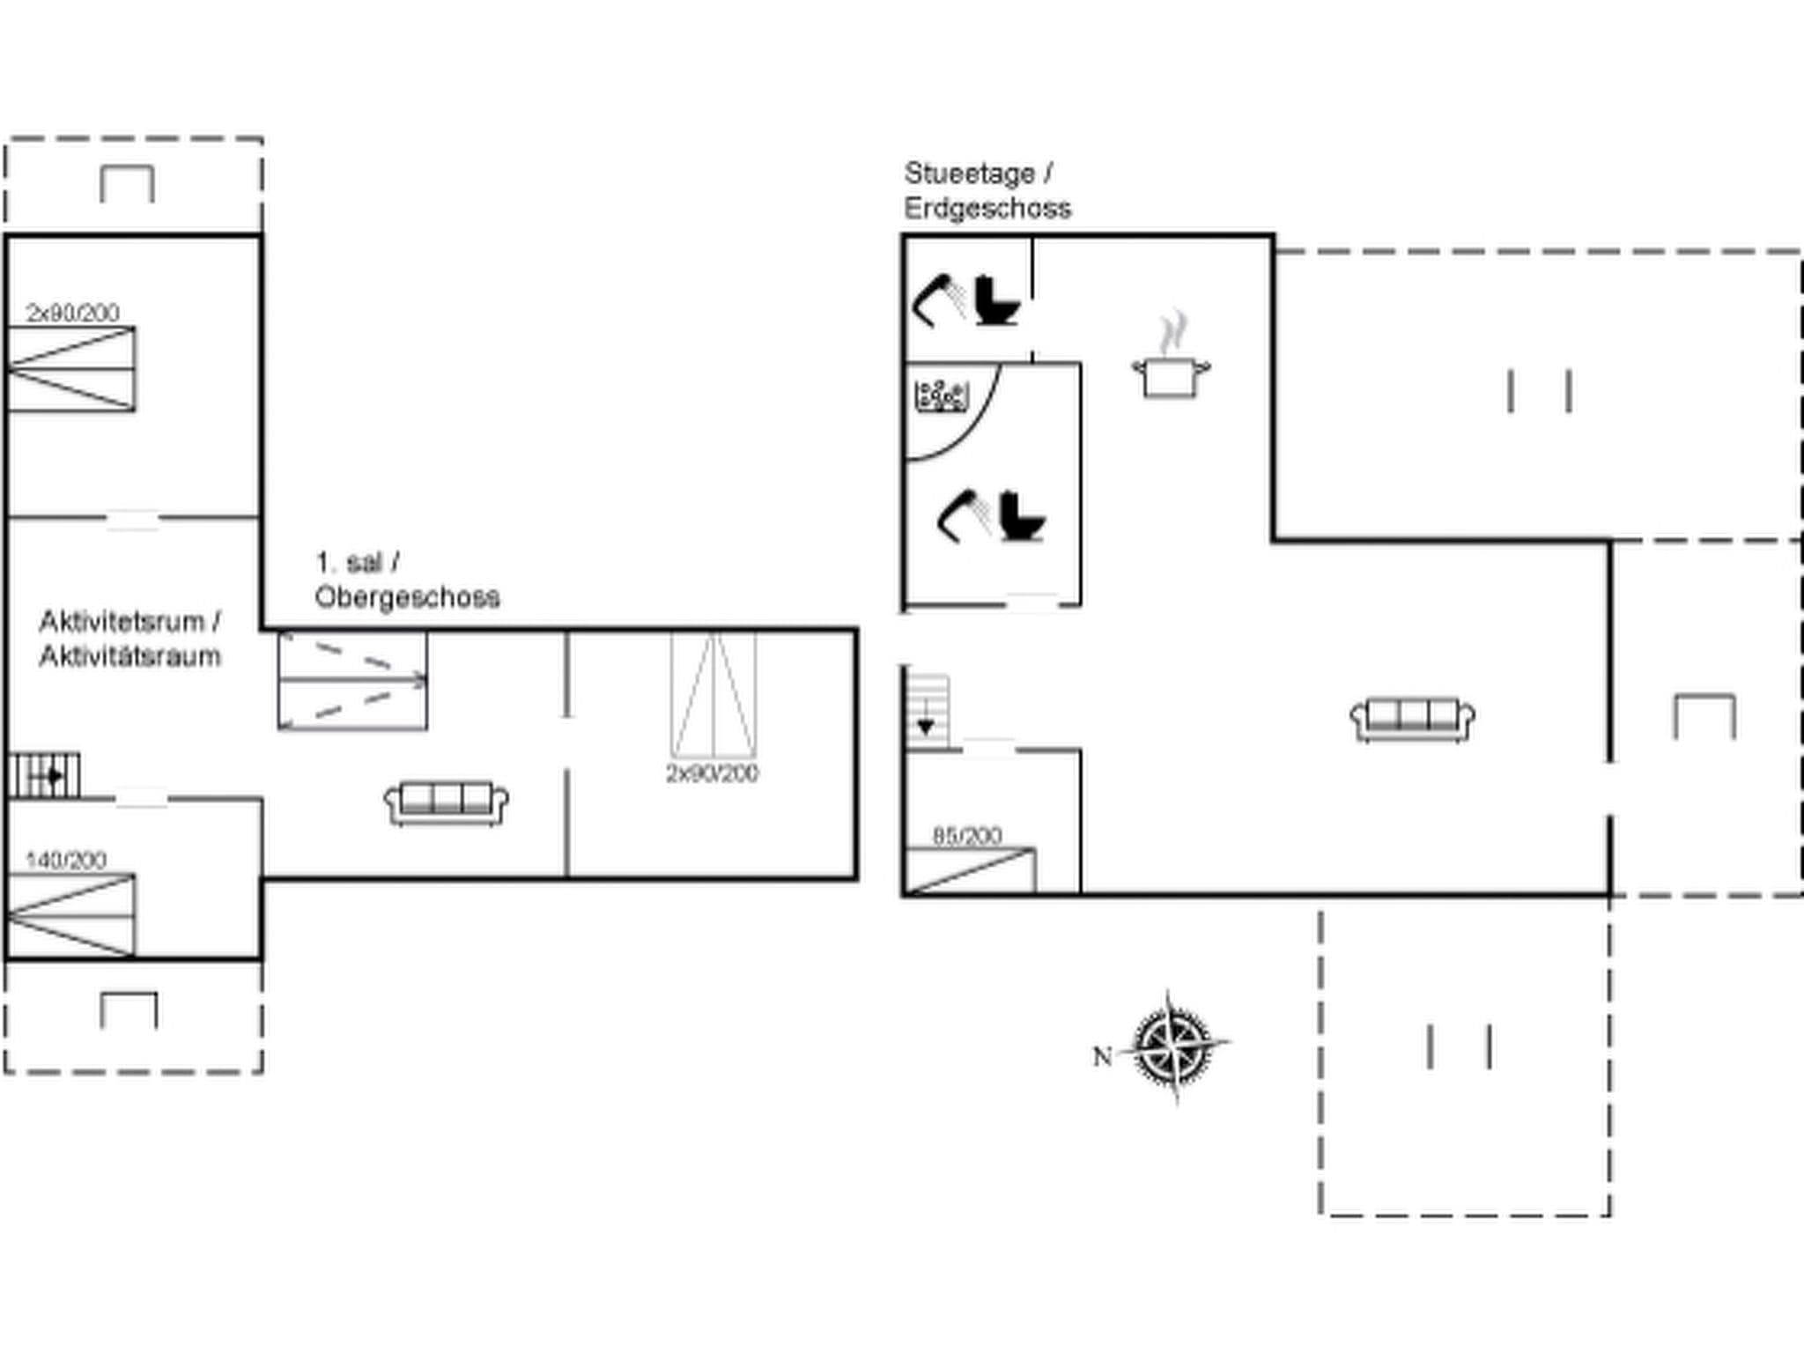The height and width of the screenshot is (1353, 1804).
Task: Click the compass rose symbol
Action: [x=1172, y=1046]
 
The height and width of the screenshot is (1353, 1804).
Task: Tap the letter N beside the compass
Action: [x=1102, y=1055]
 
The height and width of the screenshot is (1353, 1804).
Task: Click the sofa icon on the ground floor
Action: [x=1412, y=719]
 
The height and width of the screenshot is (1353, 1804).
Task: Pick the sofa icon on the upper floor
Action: [x=447, y=802]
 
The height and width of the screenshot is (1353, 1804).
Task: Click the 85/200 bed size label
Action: [x=966, y=835]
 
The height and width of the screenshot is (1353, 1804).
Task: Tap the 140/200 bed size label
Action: [x=66, y=859]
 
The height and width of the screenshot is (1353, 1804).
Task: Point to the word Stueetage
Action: [x=969, y=174]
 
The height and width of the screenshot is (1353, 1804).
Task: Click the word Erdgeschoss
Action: [x=987, y=209]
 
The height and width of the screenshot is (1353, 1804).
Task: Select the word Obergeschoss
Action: [x=407, y=597]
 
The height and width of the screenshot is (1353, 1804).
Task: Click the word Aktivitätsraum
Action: [x=129, y=656]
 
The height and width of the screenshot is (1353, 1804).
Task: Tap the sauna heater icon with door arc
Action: [x=942, y=396]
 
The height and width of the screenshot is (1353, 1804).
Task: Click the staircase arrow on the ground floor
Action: [x=926, y=724]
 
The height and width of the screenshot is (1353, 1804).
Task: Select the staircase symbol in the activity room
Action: [x=44, y=775]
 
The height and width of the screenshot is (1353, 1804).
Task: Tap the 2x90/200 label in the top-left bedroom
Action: [x=72, y=313]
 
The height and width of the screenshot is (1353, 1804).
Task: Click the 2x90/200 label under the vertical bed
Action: [x=712, y=773]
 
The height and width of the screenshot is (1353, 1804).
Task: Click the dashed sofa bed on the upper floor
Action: [x=352, y=680]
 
